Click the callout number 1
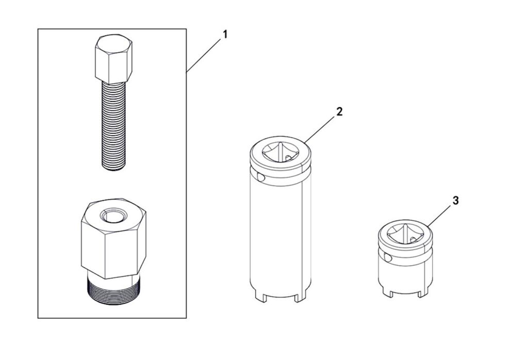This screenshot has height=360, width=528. pyautogui.click(x=225, y=35)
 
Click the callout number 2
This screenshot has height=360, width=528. pyautogui.click(x=339, y=111)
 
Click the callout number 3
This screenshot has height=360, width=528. pyautogui.click(x=456, y=201)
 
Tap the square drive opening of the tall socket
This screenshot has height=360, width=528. pyautogui.click(x=280, y=152)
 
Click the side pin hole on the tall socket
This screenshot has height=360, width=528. pyautogui.click(x=260, y=177)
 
